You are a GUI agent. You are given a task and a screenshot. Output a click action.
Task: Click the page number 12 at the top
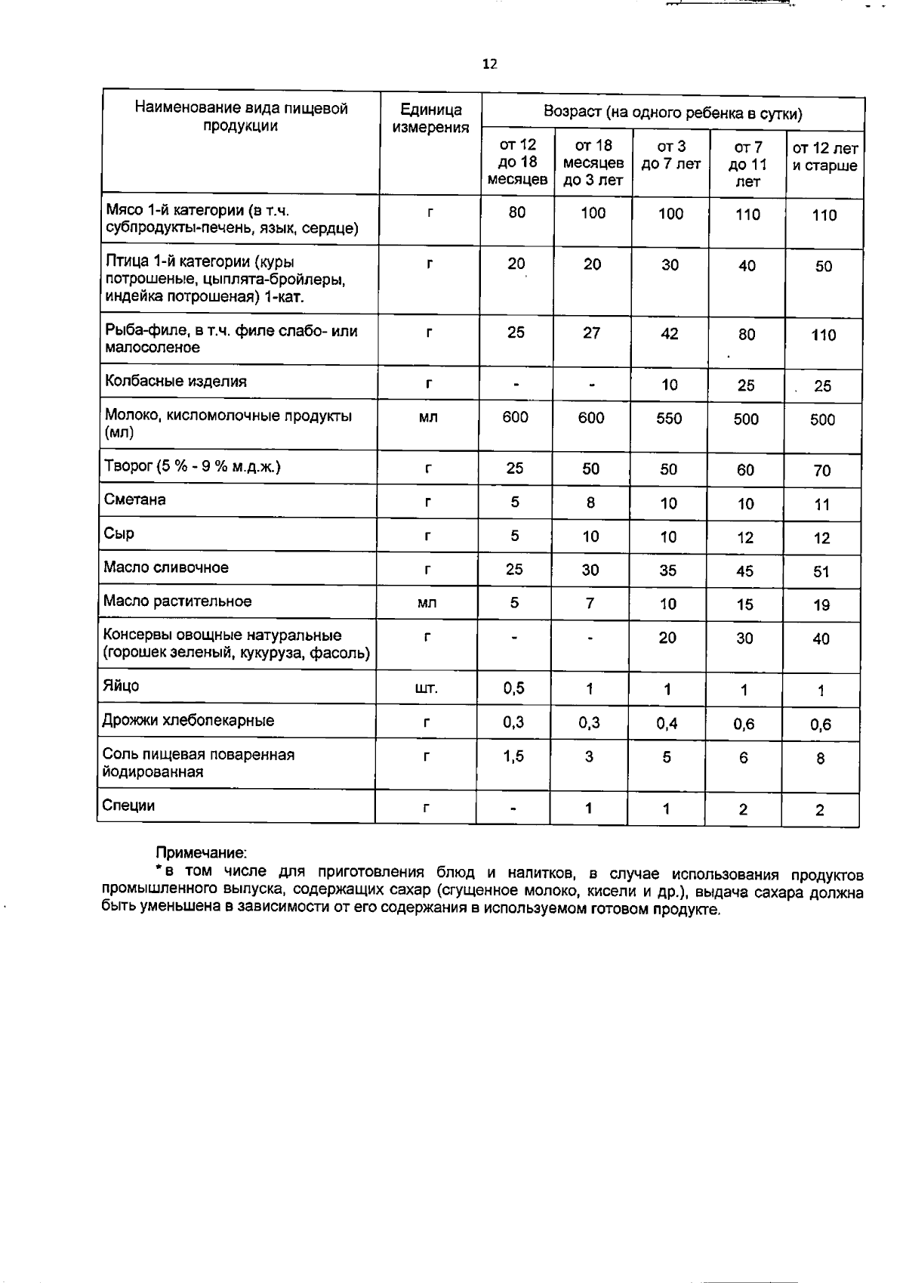click(489, 64)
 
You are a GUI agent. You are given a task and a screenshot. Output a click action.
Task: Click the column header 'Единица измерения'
click(430, 118)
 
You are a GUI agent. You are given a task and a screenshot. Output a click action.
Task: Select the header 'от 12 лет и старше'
click(824, 157)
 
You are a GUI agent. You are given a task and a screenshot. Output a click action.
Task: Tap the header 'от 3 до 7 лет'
click(670, 155)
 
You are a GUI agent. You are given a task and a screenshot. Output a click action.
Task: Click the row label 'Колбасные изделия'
click(175, 382)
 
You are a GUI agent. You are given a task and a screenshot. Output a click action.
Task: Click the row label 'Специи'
click(128, 806)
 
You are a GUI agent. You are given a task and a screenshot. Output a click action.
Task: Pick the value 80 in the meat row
click(516, 213)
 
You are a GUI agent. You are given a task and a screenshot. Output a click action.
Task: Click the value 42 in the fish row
click(669, 334)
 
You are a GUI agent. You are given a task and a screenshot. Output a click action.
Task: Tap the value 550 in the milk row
click(669, 419)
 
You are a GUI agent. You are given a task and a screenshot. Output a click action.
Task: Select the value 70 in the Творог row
click(821, 471)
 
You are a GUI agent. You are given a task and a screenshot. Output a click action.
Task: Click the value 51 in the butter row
click(821, 572)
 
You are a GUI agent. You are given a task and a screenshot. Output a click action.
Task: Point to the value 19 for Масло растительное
click(821, 605)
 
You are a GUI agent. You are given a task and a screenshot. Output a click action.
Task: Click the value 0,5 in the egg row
click(513, 688)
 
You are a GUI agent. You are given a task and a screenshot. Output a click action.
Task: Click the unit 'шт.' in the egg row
click(427, 689)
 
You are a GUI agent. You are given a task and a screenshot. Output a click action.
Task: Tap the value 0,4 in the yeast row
click(667, 724)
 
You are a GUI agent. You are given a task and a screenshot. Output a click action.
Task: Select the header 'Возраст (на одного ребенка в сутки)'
click(672, 114)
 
